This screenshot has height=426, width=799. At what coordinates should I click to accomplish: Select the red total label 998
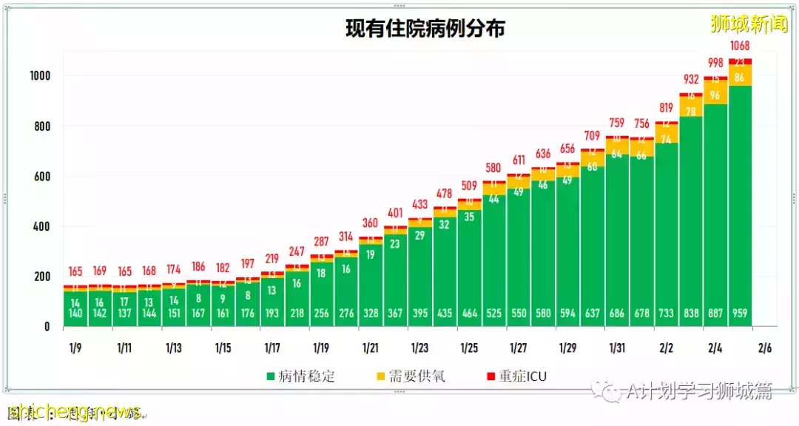(715, 62)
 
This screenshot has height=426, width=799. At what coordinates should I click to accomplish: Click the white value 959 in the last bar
(741, 314)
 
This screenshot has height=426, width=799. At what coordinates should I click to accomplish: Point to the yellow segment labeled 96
(715, 95)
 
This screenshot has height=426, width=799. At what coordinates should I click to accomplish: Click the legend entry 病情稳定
(300, 376)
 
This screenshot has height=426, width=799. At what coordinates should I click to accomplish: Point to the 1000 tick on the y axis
(39, 76)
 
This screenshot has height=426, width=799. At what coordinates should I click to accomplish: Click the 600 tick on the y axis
(42, 176)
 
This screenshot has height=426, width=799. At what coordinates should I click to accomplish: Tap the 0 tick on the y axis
(47, 326)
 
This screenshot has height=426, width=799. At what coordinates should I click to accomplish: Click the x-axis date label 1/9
(75, 348)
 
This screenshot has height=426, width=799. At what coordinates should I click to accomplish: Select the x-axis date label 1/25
(469, 348)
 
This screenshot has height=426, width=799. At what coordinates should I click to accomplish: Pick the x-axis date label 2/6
(765, 348)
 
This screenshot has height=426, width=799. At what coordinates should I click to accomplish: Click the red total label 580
(493, 168)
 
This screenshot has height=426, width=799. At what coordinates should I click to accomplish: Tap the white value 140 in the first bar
(75, 314)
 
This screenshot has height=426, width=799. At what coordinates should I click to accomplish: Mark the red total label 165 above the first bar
(75, 271)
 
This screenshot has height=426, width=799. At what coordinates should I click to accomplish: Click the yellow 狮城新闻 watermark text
(749, 24)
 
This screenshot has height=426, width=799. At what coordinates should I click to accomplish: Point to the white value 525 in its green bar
(493, 314)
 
